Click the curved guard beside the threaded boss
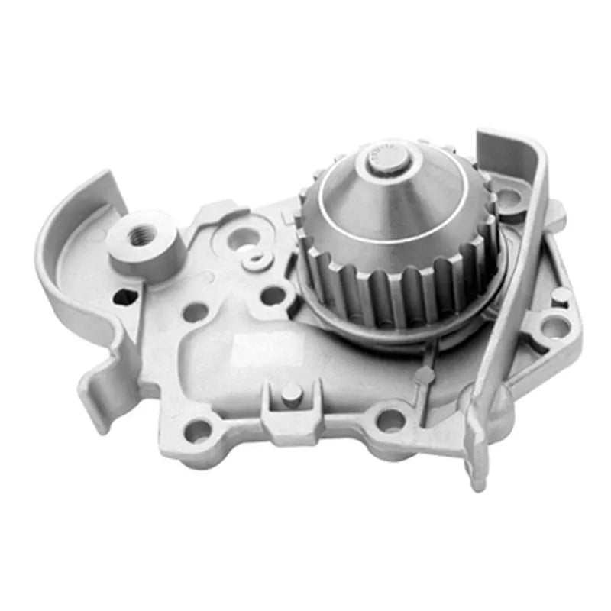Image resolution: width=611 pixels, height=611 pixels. (x=69, y=229)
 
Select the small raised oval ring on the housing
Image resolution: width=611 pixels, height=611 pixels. (x=257, y=260)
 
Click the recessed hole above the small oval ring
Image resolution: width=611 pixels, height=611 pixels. (x=243, y=238)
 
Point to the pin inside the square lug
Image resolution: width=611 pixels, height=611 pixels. (x=291, y=394)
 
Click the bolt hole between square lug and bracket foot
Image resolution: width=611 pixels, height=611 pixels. (x=392, y=419)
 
